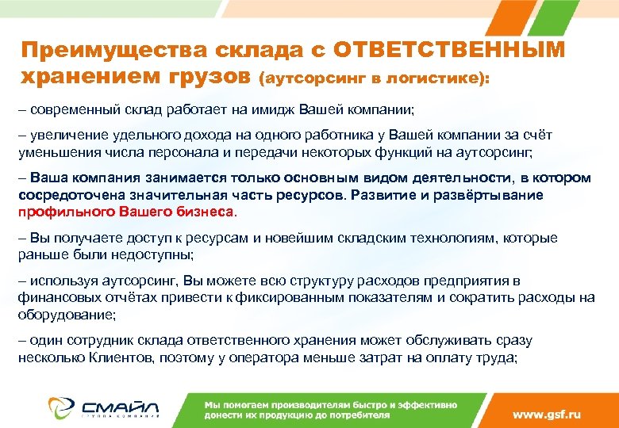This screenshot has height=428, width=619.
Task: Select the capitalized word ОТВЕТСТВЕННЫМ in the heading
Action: click(449, 50)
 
